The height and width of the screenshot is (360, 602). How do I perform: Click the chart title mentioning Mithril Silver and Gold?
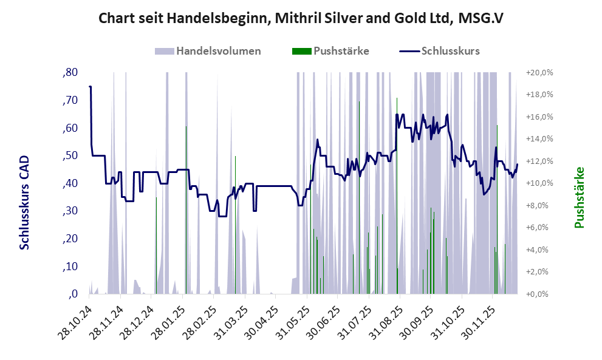301,19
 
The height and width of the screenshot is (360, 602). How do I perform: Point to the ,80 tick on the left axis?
70,73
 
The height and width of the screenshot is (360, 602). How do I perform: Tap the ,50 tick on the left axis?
70,156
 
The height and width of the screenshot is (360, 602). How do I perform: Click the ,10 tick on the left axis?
70,267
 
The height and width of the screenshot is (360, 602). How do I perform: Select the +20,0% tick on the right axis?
539,73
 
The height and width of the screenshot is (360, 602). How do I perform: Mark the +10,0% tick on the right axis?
539,183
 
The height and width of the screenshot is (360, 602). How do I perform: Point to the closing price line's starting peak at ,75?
90,87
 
